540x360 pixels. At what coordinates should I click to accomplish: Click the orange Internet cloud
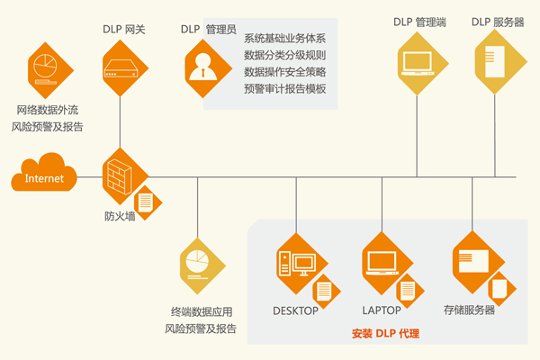pyautogui.click(x=43, y=177)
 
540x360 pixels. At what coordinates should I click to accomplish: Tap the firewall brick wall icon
pyautogui.click(x=120, y=175)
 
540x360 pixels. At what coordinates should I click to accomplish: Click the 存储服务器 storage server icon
pyautogui.click(x=475, y=260)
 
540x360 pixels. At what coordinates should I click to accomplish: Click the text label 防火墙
pyautogui.click(x=120, y=216)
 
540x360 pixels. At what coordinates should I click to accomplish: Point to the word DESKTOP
pyautogui.click(x=295, y=311)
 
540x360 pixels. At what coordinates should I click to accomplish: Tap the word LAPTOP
pyautogui.click(x=381, y=311)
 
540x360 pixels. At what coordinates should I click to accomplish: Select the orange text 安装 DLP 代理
pyautogui.click(x=385, y=334)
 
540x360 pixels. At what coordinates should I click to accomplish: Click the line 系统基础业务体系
pyautogui.click(x=285, y=39)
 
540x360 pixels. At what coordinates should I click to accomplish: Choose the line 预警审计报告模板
pyautogui.click(x=285, y=89)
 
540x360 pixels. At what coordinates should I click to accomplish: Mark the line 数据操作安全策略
pyautogui.click(x=285, y=72)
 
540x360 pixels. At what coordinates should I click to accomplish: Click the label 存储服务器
pyautogui.click(x=469, y=311)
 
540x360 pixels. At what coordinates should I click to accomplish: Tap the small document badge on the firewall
pyautogui.click(x=144, y=203)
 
